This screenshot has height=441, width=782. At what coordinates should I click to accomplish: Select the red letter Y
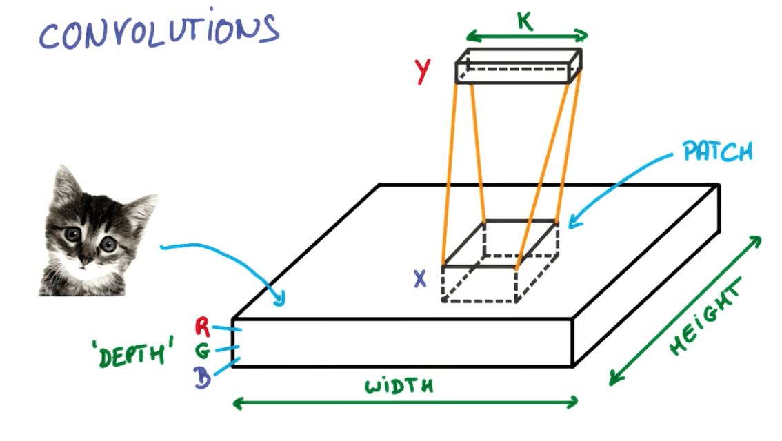pos(423,71)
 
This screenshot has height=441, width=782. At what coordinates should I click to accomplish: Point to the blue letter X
pos(421,278)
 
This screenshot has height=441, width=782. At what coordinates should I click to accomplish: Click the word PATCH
pos(717,151)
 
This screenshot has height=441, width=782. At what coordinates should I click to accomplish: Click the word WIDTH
pos(399,385)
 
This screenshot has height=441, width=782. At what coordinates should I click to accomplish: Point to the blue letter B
pos(203,378)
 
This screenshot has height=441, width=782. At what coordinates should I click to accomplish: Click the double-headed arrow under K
pos(527,34)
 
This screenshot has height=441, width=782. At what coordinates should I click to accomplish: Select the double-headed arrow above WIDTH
pos(405,403)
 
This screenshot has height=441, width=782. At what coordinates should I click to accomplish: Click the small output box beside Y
pos(518,65)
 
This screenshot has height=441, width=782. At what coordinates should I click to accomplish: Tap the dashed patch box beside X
pos(500,262)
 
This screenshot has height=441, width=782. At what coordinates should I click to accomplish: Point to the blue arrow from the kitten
pos(228,258)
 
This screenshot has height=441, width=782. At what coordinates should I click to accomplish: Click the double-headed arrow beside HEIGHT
pos(685,309)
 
